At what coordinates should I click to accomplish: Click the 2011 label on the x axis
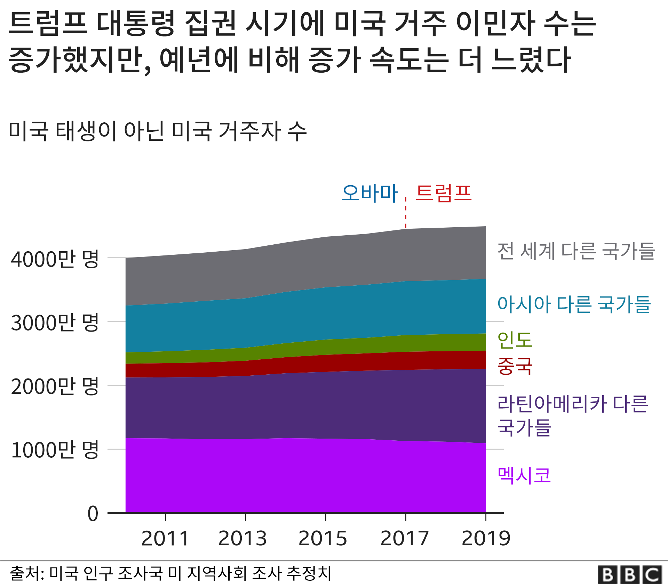[165, 538]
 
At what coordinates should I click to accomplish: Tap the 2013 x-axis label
[242, 538]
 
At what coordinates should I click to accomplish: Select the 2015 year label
[323, 538]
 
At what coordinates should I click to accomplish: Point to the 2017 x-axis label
[405, 538]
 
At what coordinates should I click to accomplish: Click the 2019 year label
[486, 538]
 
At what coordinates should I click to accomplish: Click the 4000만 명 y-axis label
[55, 259]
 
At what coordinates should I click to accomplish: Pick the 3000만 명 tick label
[55, 323]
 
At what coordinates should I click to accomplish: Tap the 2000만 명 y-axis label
[55, 386]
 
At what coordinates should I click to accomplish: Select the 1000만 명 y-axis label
[55, 450]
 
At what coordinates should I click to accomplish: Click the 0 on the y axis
[93, 514]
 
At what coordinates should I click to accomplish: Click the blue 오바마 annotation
[369, 193]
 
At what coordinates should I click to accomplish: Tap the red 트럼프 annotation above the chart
[444, 193]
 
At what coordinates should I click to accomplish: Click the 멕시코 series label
[524, 475]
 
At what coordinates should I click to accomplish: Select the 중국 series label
[515, 366]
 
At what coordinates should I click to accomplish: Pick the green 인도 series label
[515, 340]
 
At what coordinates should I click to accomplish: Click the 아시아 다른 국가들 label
[574, 304]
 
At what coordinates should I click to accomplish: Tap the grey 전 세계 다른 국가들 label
[576, 251]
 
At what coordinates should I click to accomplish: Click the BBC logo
[630, 574]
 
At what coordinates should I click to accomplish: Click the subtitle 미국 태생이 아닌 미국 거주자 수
[158, 131]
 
